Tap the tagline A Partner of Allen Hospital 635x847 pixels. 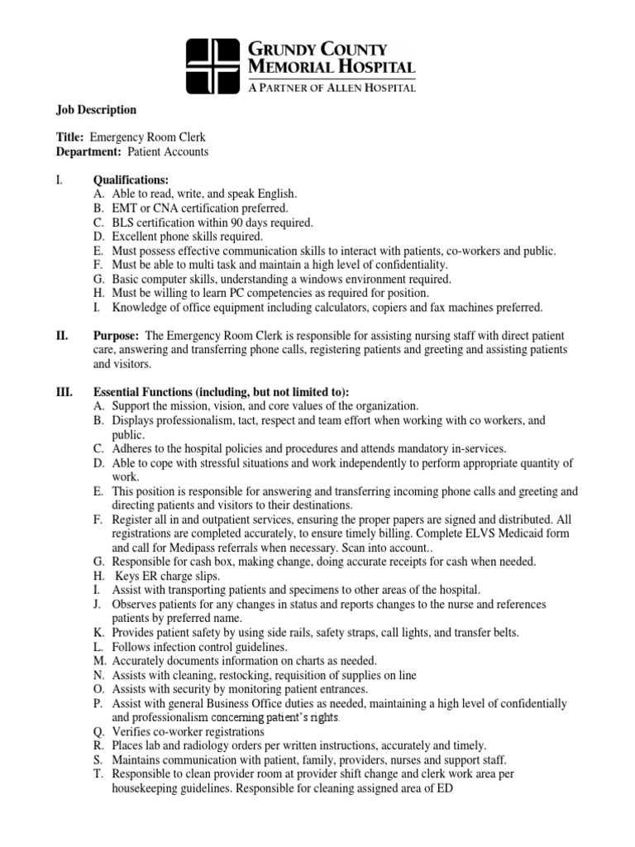(x=332, y=87)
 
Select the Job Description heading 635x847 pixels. (x=96, y=109)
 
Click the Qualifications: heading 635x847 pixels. (x=131, y=179)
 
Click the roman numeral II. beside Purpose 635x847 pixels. (x=62, y=337)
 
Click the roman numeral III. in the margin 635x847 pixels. (x=64, y=392)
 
